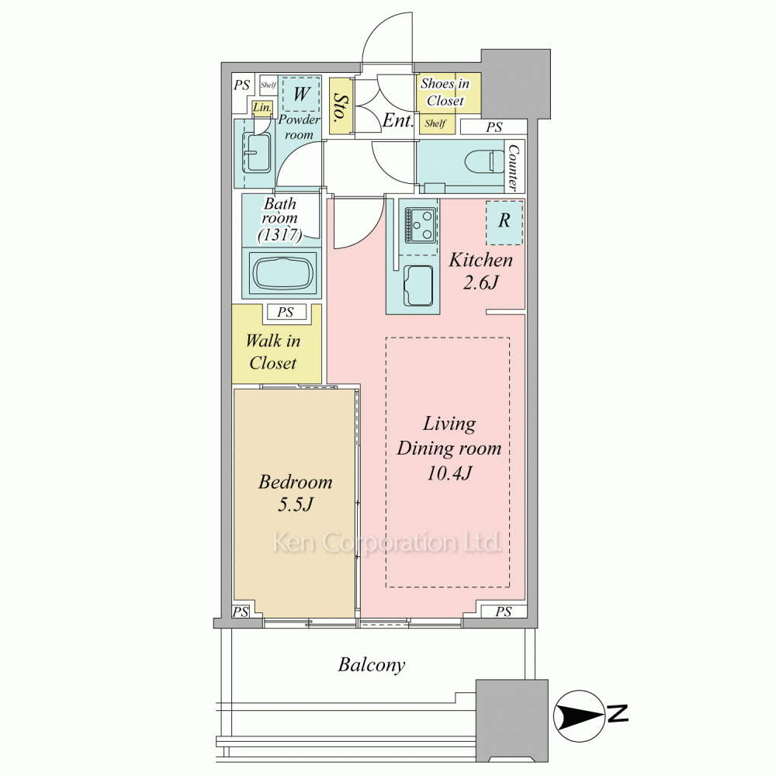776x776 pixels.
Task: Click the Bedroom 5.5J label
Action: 295,493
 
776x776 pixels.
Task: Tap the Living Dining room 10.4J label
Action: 449,449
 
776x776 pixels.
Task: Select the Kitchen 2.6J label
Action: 480,271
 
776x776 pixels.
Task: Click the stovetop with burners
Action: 421,225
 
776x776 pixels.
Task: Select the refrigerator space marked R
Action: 504,222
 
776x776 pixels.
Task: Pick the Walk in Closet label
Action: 272,352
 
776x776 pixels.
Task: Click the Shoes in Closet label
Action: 445,92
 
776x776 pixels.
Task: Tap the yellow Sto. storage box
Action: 340,106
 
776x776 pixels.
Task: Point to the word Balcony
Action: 371,665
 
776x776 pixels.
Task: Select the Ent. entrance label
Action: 398,120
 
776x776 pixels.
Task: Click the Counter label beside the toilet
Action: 514,167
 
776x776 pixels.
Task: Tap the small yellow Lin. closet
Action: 262,107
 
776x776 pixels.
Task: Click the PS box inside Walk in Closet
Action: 286,312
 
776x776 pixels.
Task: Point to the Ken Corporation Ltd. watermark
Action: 387,542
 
